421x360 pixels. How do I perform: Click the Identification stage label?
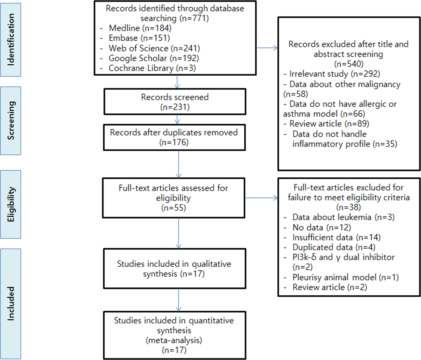pyautogui.click(x=11, y=40)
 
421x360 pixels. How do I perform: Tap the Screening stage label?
pyautogui.click(x=11, y=121)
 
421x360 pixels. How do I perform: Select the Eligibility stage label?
pyautogui.click(x=11, y=204)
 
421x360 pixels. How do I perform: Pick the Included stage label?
pyautogui.click(x=11, y=304)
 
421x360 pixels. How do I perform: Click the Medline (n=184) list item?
pyautogui.click(x=140, y=28)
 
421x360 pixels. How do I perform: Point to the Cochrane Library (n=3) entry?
pyautogui.click(x=152, y=68)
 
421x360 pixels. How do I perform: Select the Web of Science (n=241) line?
pyautogui.click(x=154, y=48)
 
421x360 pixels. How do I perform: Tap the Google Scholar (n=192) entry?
pyautogui.click(x=153, y=58)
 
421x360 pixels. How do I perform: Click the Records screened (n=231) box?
pyautogui.click(x=175, y=102)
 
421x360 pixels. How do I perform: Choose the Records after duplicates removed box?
pyautogui.click(x=174, y=137)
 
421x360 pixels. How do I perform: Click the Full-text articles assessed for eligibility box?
pyautogui.click(x=173, y=198)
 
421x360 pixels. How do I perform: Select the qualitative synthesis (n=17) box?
pyautogui.click(x=174, y=269)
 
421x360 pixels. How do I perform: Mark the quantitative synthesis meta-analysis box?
pyautogui.click(x=174, y=335)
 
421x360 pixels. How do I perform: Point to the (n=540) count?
pyautogui.click(x=349, y=64)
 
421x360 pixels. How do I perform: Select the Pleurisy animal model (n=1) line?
pyautogui.click(x=345, y=277)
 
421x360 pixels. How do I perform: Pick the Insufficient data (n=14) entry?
pyautogui.click(x=336, y=237)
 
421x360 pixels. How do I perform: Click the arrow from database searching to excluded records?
pyautogui.click(x=267, y=48)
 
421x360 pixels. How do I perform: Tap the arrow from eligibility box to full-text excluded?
pyautogui.click(x=261, y=198)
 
